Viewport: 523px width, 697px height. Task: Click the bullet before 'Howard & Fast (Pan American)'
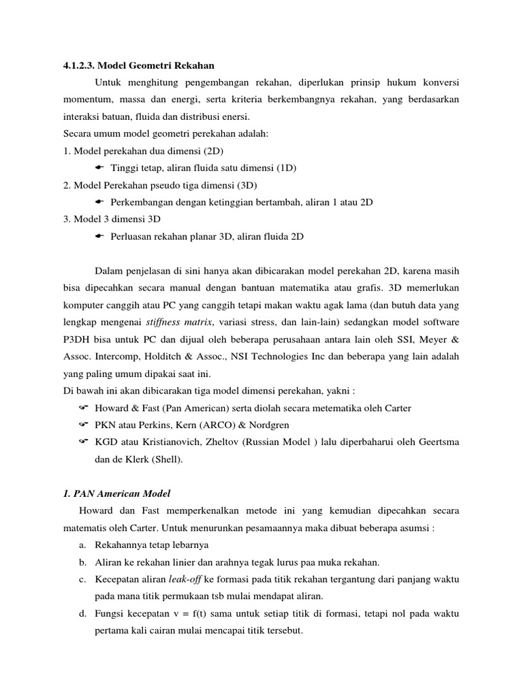[84, 408]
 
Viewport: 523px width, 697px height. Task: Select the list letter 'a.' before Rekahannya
[82, 545]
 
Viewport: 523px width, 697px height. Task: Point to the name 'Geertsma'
[437, 442]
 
